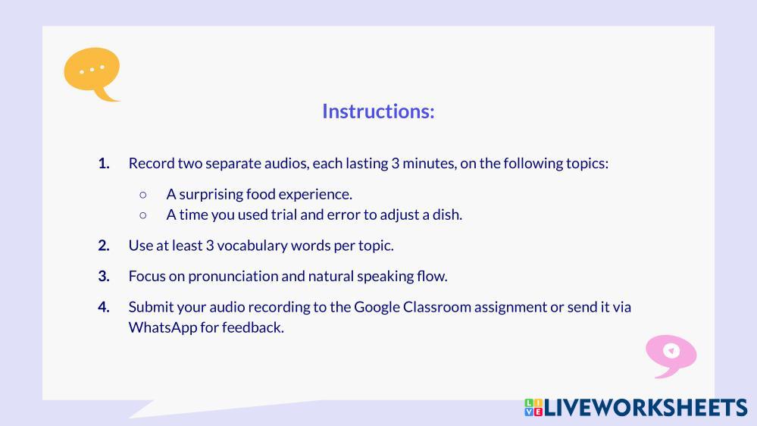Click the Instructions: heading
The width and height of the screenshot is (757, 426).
[379, 111]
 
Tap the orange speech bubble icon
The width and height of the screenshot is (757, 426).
[92, 74]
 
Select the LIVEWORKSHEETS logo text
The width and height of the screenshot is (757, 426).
[646, 408]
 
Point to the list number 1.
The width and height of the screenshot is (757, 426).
[104, 164]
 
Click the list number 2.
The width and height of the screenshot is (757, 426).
[104, 246]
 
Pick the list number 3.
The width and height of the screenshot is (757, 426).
[104, 277]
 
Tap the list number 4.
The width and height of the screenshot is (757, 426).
[104, 308]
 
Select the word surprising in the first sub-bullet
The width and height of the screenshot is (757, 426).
[211, 195]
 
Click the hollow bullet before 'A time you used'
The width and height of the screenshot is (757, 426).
[143, 215]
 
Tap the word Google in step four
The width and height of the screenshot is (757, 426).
[377, 308]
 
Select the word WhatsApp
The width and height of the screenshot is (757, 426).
[163, 328]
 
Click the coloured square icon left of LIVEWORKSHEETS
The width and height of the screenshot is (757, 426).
[533, 408]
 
